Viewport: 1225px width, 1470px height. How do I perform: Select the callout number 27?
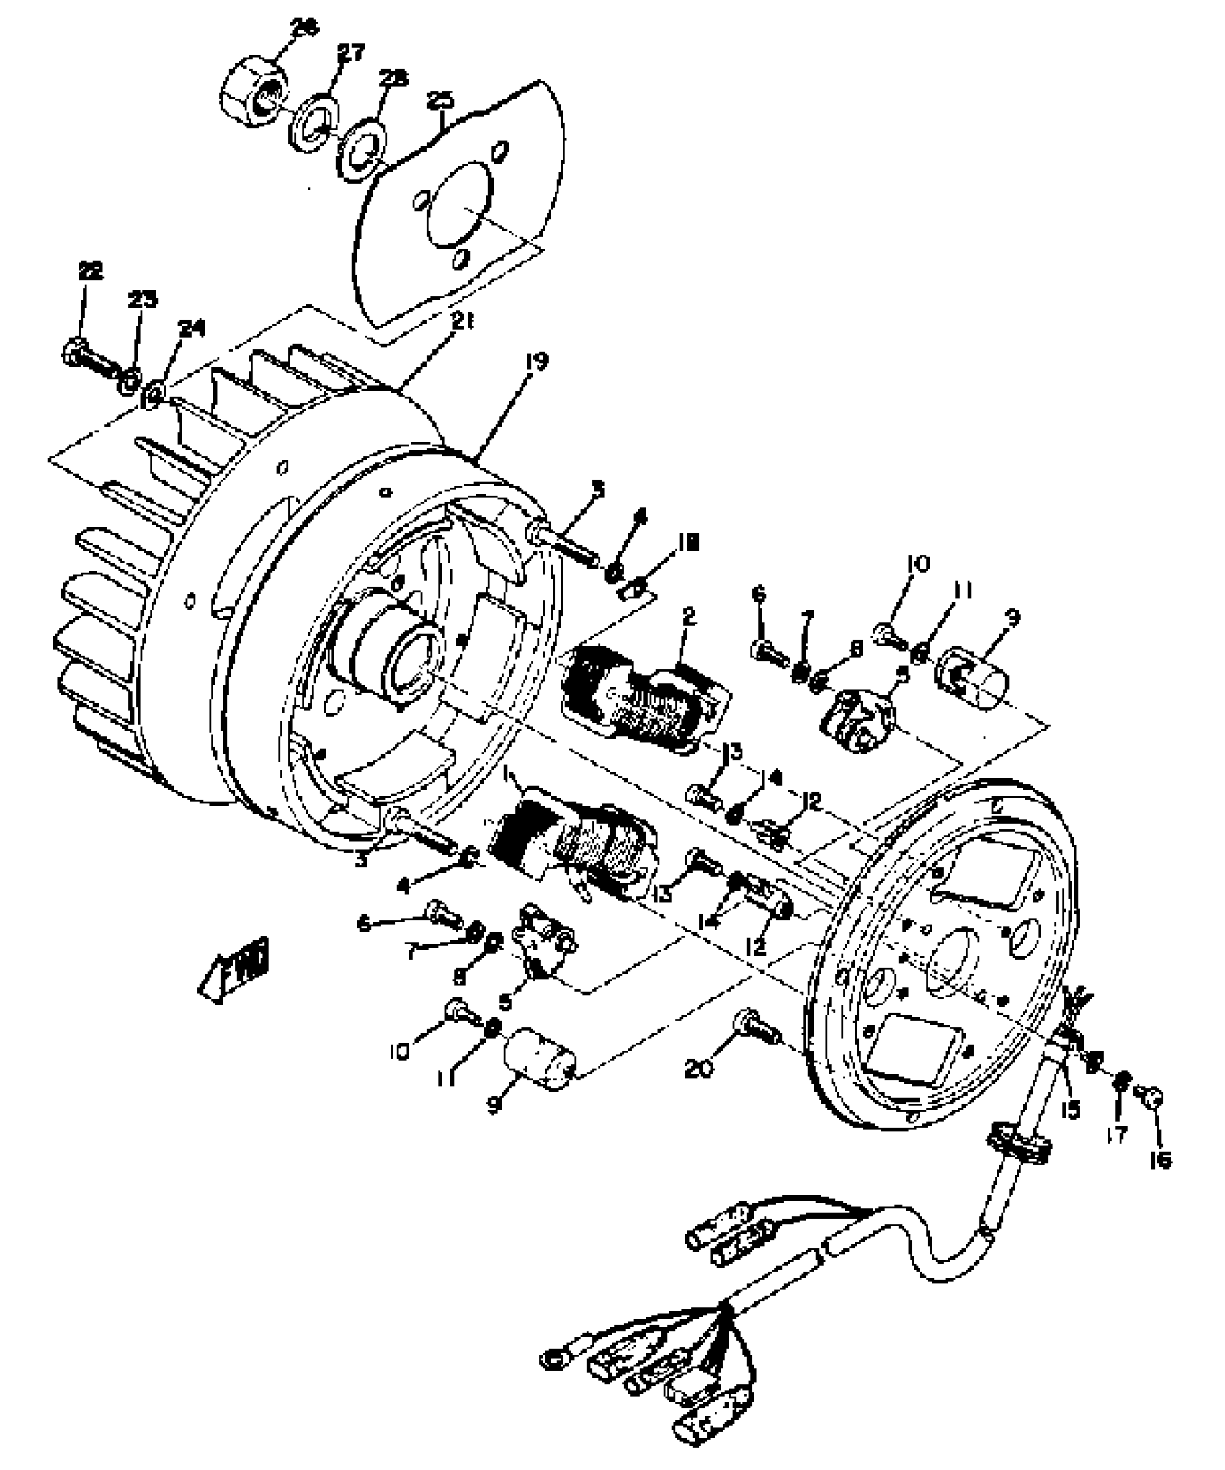(x=351, y=53)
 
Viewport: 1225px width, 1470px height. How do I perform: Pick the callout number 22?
(x=91, y=270)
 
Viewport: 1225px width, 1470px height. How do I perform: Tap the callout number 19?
(x=536, y=360)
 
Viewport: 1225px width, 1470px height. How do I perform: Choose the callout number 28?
(x=393, y=78)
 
